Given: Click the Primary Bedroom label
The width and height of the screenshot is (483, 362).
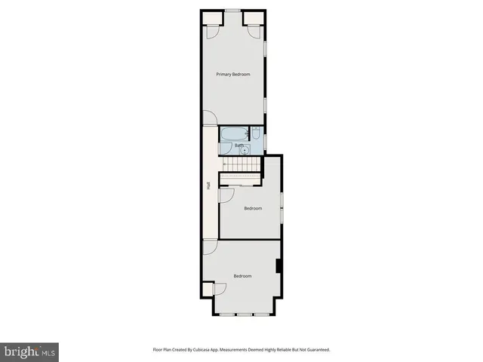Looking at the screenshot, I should tap(232, 74).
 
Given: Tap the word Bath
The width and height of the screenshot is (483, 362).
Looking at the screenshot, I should tap(239, 145).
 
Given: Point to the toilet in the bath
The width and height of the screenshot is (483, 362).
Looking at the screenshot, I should tap(256, 137).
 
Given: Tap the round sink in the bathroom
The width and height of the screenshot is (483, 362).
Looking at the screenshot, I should tap(254, 150).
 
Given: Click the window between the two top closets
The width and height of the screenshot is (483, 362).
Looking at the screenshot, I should tap(232, 11).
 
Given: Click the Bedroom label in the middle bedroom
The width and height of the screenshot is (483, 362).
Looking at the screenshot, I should tap(252, 208).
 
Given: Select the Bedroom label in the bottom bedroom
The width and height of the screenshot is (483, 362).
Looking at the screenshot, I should tap(241, 276).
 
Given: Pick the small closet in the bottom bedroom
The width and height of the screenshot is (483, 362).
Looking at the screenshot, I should tap(220, 289).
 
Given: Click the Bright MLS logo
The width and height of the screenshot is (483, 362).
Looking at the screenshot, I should tap(29, 351).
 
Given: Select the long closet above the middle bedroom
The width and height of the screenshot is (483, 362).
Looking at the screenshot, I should tap(241, 179).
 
